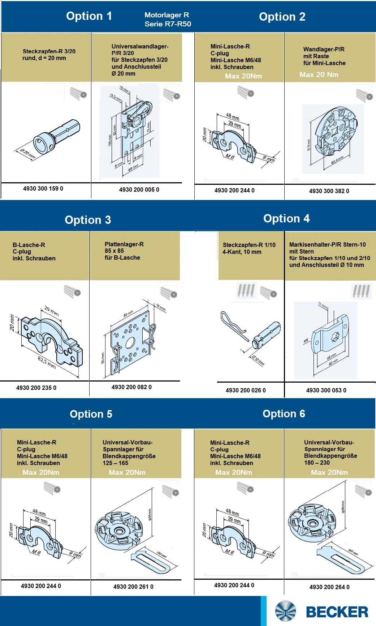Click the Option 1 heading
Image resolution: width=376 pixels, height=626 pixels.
point(89,16)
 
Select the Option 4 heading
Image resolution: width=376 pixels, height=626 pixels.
point(286,218)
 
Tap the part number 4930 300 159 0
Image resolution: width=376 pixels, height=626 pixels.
point(43,188)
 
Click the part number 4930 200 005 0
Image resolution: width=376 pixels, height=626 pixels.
point(139,189)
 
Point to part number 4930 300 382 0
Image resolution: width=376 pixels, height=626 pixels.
point(329,191)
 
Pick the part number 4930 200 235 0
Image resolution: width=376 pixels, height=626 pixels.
point(36,388)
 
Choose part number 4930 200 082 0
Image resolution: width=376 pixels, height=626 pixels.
point(131,387)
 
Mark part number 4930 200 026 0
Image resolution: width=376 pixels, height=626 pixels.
point(246,390)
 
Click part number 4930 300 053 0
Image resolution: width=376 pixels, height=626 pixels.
point(326,390)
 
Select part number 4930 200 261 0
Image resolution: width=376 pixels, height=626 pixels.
point(133,587)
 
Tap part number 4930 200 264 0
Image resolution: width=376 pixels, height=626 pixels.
point(329,587)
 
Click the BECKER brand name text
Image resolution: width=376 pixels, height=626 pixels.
point(337,612)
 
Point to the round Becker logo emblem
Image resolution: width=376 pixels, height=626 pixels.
point(285,612)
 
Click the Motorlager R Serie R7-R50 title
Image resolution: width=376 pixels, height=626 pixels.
point(168,20)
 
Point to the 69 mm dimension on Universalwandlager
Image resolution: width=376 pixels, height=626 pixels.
point(133,168)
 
